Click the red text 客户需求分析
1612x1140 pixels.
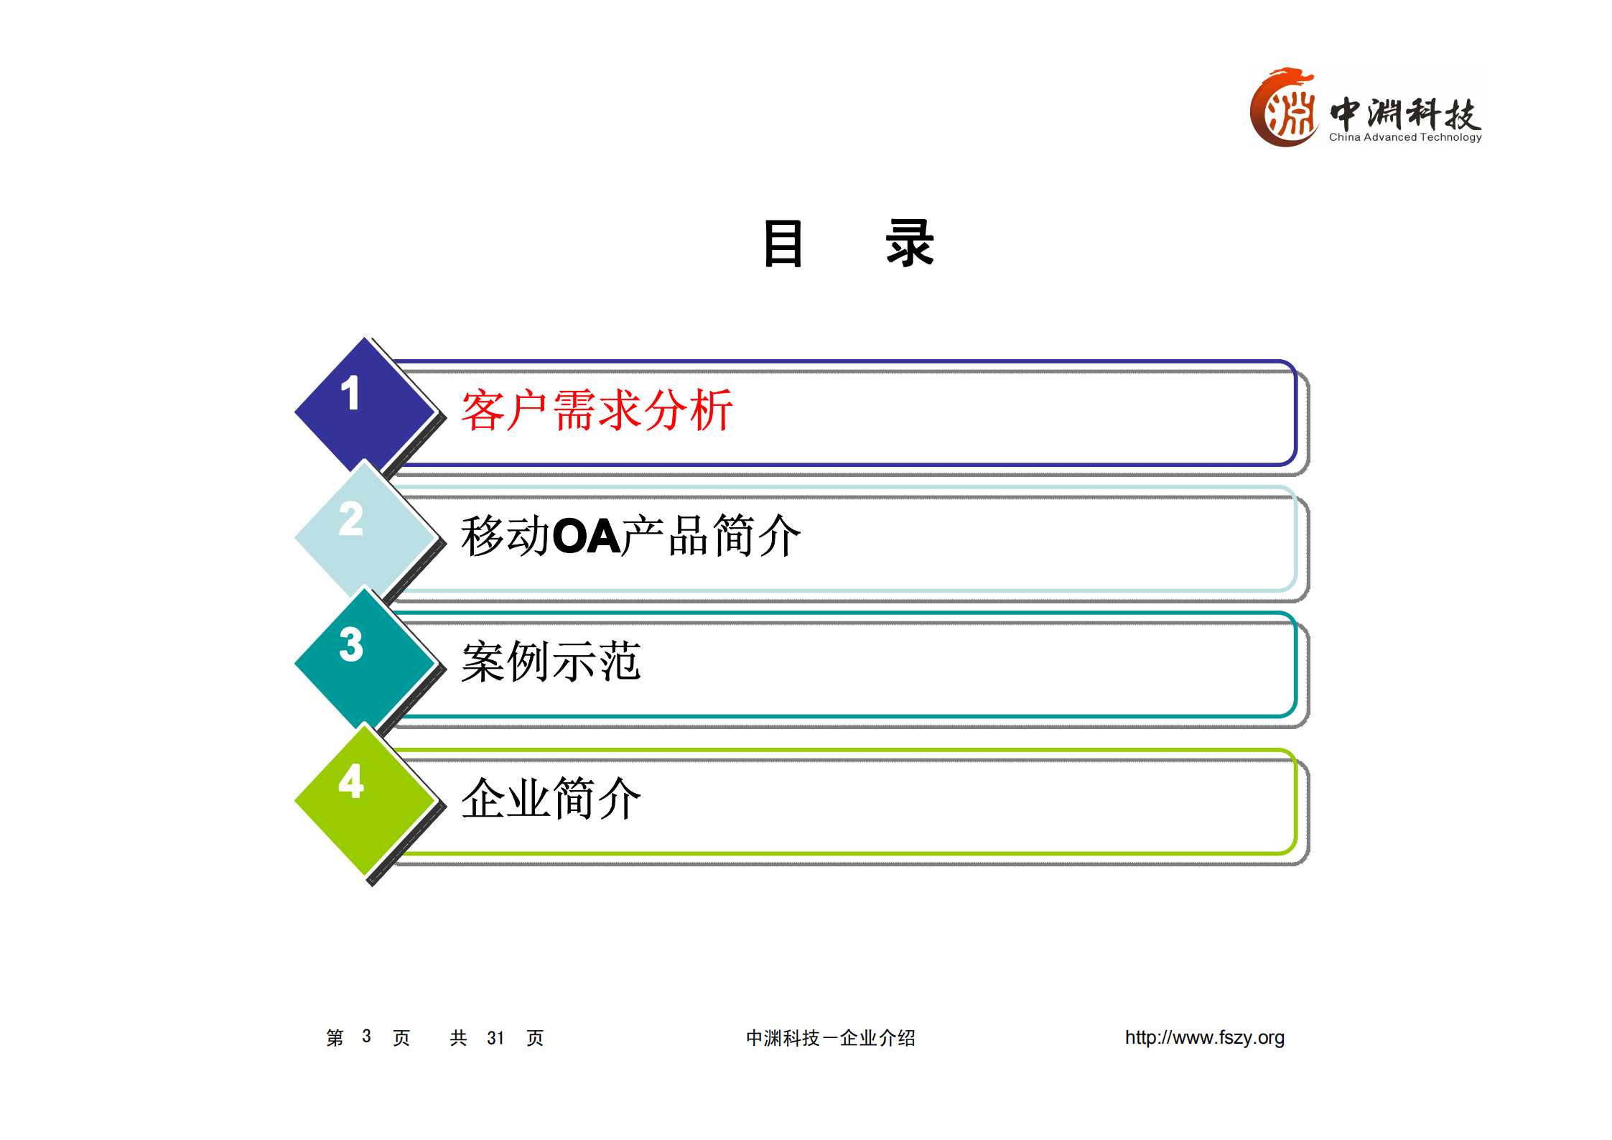click(x=596, y=411)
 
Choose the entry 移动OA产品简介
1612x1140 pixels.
click(x=630, y=536)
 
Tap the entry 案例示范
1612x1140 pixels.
click(x=550, y=662)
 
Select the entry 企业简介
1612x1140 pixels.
click(x=550, y=799)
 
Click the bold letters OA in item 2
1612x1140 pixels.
click(x=586, y=537)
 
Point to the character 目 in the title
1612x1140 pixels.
click(x=783, y=244)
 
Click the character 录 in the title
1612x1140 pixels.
click(x=909, y=244)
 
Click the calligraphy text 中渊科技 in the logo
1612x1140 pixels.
click(x=1404, y=113)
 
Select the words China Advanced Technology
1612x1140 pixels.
click(x=1404, y=137)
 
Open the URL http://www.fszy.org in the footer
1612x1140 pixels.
click(x=1204, y=1037)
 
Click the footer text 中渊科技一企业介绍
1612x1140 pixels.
click(x=830, y=1038)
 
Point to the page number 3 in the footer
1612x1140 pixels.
click(x=366, y=1037)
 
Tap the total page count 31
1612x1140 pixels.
click(x=495, y=1038)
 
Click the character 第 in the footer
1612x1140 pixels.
click(x=335, y=1038)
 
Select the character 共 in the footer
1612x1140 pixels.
click(x=458, y=1038)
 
